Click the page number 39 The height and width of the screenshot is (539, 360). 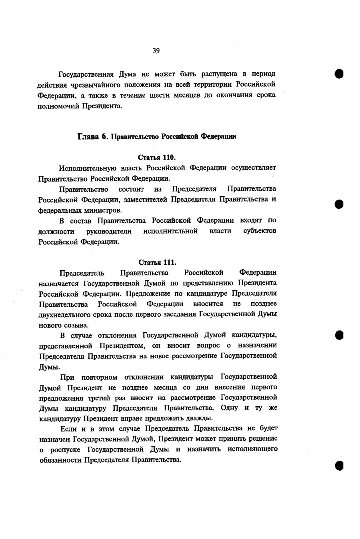coord(156,50)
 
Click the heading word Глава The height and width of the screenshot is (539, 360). coord(88,136)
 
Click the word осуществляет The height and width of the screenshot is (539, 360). coord(254,168)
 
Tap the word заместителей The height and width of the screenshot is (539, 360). coord(144,199)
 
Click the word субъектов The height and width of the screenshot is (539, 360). coord(260,231)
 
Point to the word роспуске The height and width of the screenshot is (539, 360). coord(65,449)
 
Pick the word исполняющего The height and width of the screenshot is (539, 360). coord(252,449)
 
